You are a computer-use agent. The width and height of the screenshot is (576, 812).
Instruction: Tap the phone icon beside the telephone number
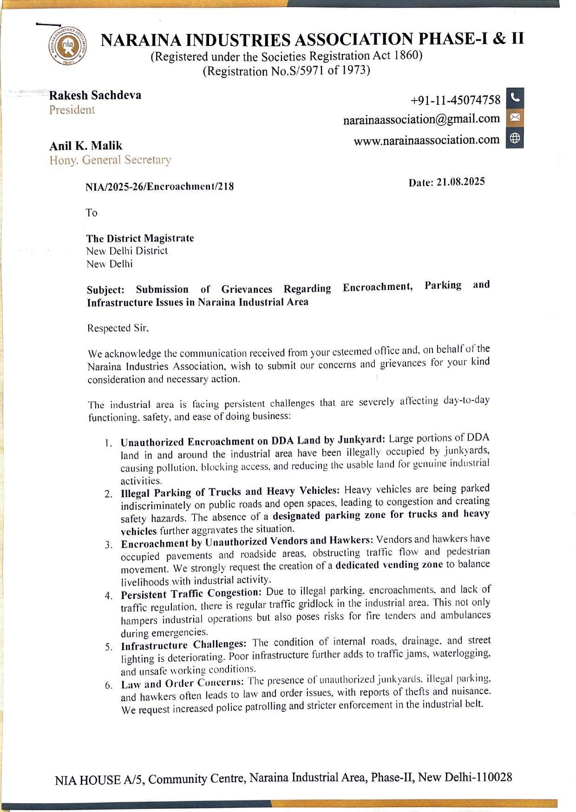pos(514,97)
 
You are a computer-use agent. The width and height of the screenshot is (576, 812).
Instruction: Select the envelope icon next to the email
pos(514,117)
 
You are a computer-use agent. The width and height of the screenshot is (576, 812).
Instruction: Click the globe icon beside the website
pos(514,138)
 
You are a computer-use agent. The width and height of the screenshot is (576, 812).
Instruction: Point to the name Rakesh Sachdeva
pos(95,95)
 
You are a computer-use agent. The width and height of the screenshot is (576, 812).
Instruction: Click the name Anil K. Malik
pos(86,146)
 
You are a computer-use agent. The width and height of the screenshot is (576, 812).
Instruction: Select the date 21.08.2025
pos(460,181)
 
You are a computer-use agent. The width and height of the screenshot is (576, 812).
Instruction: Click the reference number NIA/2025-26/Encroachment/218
pos(159,187)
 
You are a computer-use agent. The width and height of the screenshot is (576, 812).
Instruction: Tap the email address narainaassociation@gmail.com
pos(421,119)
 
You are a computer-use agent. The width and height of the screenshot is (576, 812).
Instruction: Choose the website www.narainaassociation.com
pos(426,140)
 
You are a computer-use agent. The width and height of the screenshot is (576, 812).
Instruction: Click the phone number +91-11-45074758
pos(455,100)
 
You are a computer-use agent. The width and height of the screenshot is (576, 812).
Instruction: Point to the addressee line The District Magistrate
pos(140,238)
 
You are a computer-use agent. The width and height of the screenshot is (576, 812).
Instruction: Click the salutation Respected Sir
pos(118,328)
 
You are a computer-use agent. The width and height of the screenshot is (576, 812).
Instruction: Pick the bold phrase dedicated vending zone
pos(389,565)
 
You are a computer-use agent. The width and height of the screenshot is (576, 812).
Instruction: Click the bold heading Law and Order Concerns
pos(182,683)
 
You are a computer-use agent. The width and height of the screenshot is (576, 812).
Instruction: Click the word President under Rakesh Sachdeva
pos(72,110)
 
